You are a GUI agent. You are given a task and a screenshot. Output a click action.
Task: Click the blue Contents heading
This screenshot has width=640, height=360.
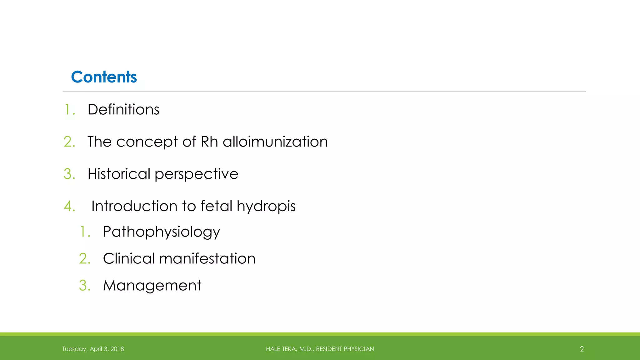point(104,77)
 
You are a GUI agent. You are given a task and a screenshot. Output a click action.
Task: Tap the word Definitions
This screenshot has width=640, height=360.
point(123,110)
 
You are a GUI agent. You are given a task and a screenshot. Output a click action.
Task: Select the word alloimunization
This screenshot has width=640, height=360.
point(275,142)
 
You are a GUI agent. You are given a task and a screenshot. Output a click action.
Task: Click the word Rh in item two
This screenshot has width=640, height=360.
point(209,142)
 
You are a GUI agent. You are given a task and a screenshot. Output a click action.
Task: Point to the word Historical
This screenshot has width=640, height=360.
point(119,174)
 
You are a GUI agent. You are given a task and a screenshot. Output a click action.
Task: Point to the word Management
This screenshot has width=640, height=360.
point(152,286)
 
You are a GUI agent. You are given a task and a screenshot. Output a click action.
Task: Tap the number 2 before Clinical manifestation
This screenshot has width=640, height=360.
point(84,259)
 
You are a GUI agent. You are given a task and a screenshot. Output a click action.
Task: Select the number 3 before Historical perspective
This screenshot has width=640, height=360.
point(69,174)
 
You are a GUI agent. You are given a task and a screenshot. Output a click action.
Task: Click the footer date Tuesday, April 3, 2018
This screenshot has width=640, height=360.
point(93,349)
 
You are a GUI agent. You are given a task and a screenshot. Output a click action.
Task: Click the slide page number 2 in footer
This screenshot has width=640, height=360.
point(582,349)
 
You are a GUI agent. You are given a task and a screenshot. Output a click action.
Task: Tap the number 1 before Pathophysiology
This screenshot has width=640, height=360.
point(84,232)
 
